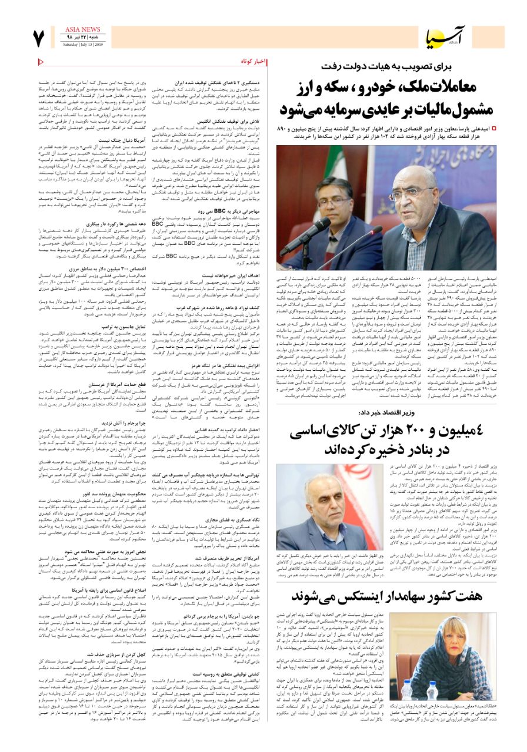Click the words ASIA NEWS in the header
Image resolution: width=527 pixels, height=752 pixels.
coord(82,29)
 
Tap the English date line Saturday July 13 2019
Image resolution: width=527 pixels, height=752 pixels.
coord(82,44)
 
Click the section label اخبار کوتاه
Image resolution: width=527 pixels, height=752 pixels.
coord(254,62)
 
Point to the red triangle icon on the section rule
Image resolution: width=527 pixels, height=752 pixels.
coord(41,62)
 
